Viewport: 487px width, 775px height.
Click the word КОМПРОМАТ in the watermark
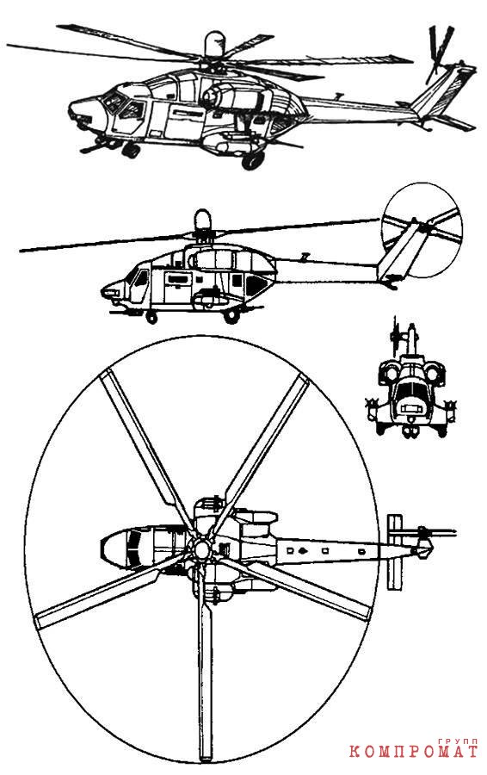pos(413,752)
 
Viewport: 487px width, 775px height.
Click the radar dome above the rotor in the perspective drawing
pos(214,45)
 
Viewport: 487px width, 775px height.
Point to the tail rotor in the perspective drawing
pos(439,54)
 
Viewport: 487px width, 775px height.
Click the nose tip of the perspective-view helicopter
pos(71,108)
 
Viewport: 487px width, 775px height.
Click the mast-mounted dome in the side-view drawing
pos(202,219)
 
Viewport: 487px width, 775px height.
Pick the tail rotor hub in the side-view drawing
pos(422,226)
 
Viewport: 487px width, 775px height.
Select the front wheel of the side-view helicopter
pos(152,318)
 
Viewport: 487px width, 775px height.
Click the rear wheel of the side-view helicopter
pos(231,316)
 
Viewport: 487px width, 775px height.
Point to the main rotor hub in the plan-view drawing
pos(200,549)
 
